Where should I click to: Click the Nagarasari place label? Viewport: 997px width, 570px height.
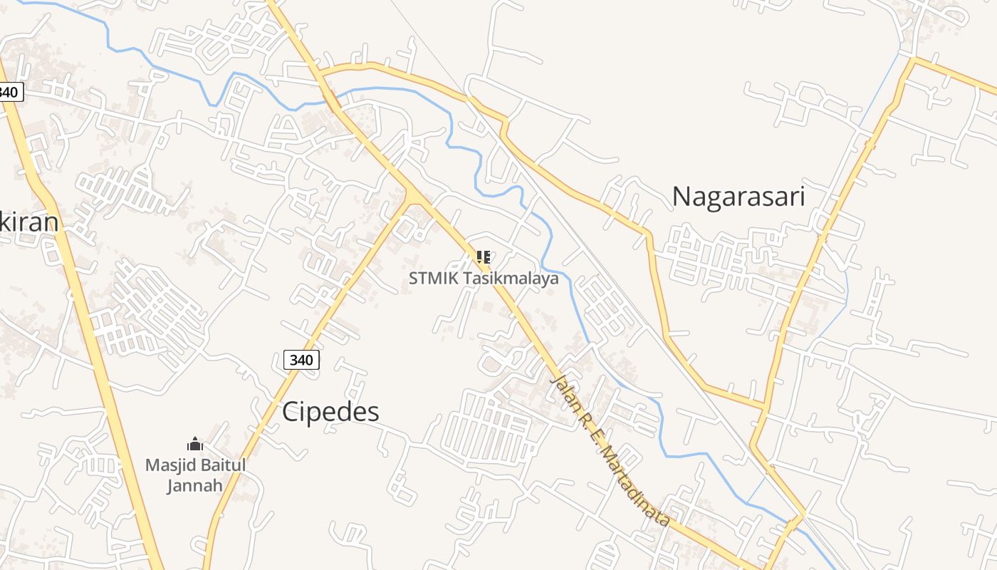[738, 196]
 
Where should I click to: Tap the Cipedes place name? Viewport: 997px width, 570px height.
[330, 412]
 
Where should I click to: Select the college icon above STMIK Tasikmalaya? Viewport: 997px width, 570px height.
[483, 256]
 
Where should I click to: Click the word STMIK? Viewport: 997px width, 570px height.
[434, 278]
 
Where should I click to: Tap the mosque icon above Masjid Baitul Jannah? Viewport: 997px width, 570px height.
[195, 445]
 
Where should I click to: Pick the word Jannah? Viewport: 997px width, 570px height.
[195, 486]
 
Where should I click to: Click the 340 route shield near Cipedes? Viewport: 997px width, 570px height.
[301, 360]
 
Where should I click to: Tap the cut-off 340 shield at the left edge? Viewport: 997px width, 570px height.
[9, 92]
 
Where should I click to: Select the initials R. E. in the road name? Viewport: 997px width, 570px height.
[593, 432]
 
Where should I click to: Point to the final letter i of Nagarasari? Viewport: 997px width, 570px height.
[802, 196]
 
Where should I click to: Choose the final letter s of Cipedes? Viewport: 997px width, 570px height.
[373, 412]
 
